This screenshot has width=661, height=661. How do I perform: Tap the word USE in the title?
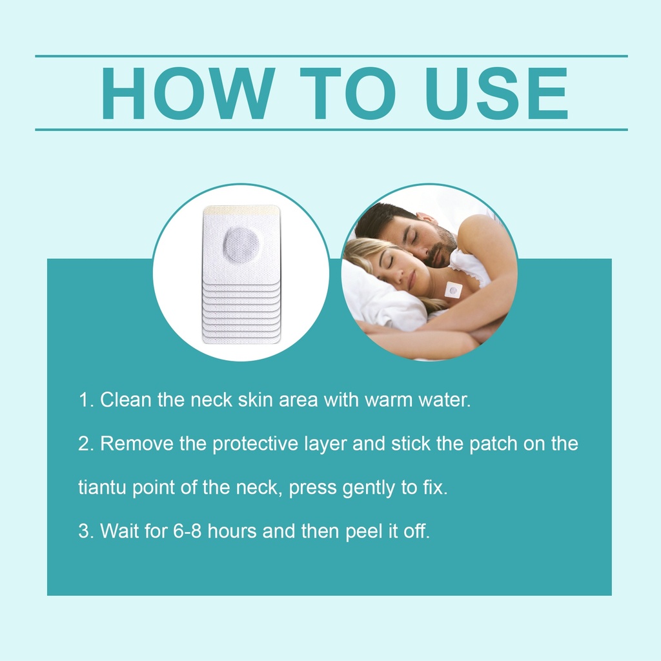(x=497, y=93)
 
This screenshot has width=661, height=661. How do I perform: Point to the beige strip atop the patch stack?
(x=241, y=208)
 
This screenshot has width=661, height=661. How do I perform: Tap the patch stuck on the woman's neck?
(x=453, y=290)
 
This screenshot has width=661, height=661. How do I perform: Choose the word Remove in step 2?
(x=137, y=443)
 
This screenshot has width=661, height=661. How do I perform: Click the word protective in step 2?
(x=256, y=444)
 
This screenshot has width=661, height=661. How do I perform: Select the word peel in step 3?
(x=364, y=532)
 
